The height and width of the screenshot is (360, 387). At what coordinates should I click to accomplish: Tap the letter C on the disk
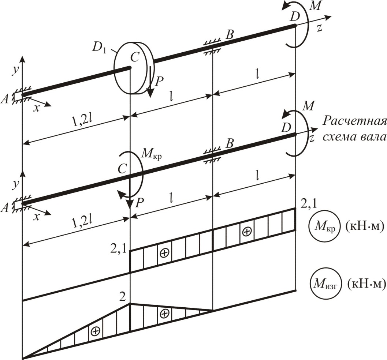coord(135,57)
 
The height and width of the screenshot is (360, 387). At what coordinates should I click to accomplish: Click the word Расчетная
coord(354,122)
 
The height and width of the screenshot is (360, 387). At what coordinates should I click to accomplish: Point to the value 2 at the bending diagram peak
coord(122,298)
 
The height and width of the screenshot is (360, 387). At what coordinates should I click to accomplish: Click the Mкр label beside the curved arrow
coord(152,155)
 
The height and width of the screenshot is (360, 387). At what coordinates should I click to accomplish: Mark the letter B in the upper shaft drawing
coord(230,35)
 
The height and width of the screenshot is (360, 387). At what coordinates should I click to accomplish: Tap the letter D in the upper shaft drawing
coord(295,17)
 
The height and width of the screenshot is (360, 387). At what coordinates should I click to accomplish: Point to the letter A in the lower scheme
coord(5,209)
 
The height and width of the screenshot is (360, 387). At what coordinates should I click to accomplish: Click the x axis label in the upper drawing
coord(37,108)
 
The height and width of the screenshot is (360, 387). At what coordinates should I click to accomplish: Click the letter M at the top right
coord(315,7)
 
